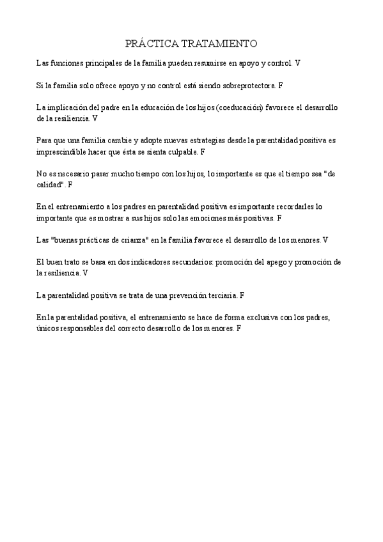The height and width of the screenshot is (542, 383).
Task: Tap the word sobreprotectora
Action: pyautogui.click(x=250, y=84)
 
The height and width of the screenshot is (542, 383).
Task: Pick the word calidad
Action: pyautogui.click(x=50, y=184)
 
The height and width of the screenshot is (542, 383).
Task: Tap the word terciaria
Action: pyautogui.click(x=216, y=295)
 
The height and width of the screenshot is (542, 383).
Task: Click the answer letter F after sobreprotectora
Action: pyautogui.click(x=281, y=84)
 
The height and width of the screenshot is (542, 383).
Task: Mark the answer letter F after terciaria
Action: pyautogui.click(x=242, y=295)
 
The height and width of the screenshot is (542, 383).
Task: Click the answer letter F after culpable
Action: pyautogui.click(x=203, y=152)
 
